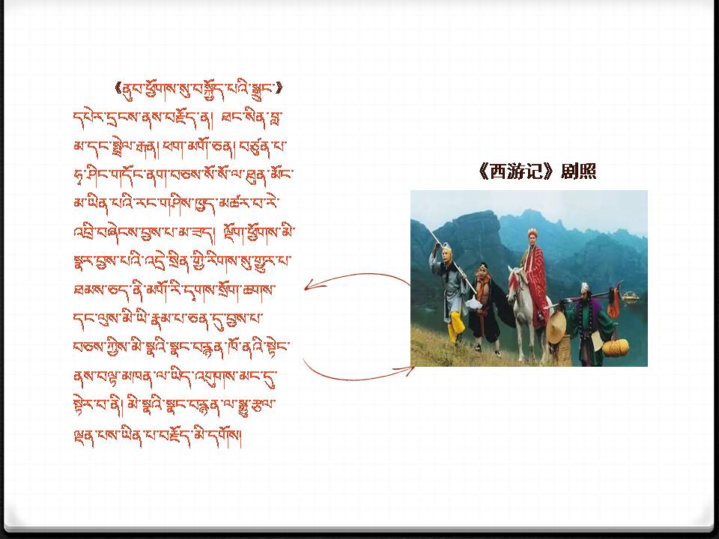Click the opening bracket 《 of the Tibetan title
point(119,88)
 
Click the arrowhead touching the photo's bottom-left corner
point(407,369)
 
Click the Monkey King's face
point(446,254)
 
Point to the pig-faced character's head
point(482,273)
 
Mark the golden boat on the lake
point(631,297)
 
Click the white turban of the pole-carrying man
point(584,287)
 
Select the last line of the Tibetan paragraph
point(157,433)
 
